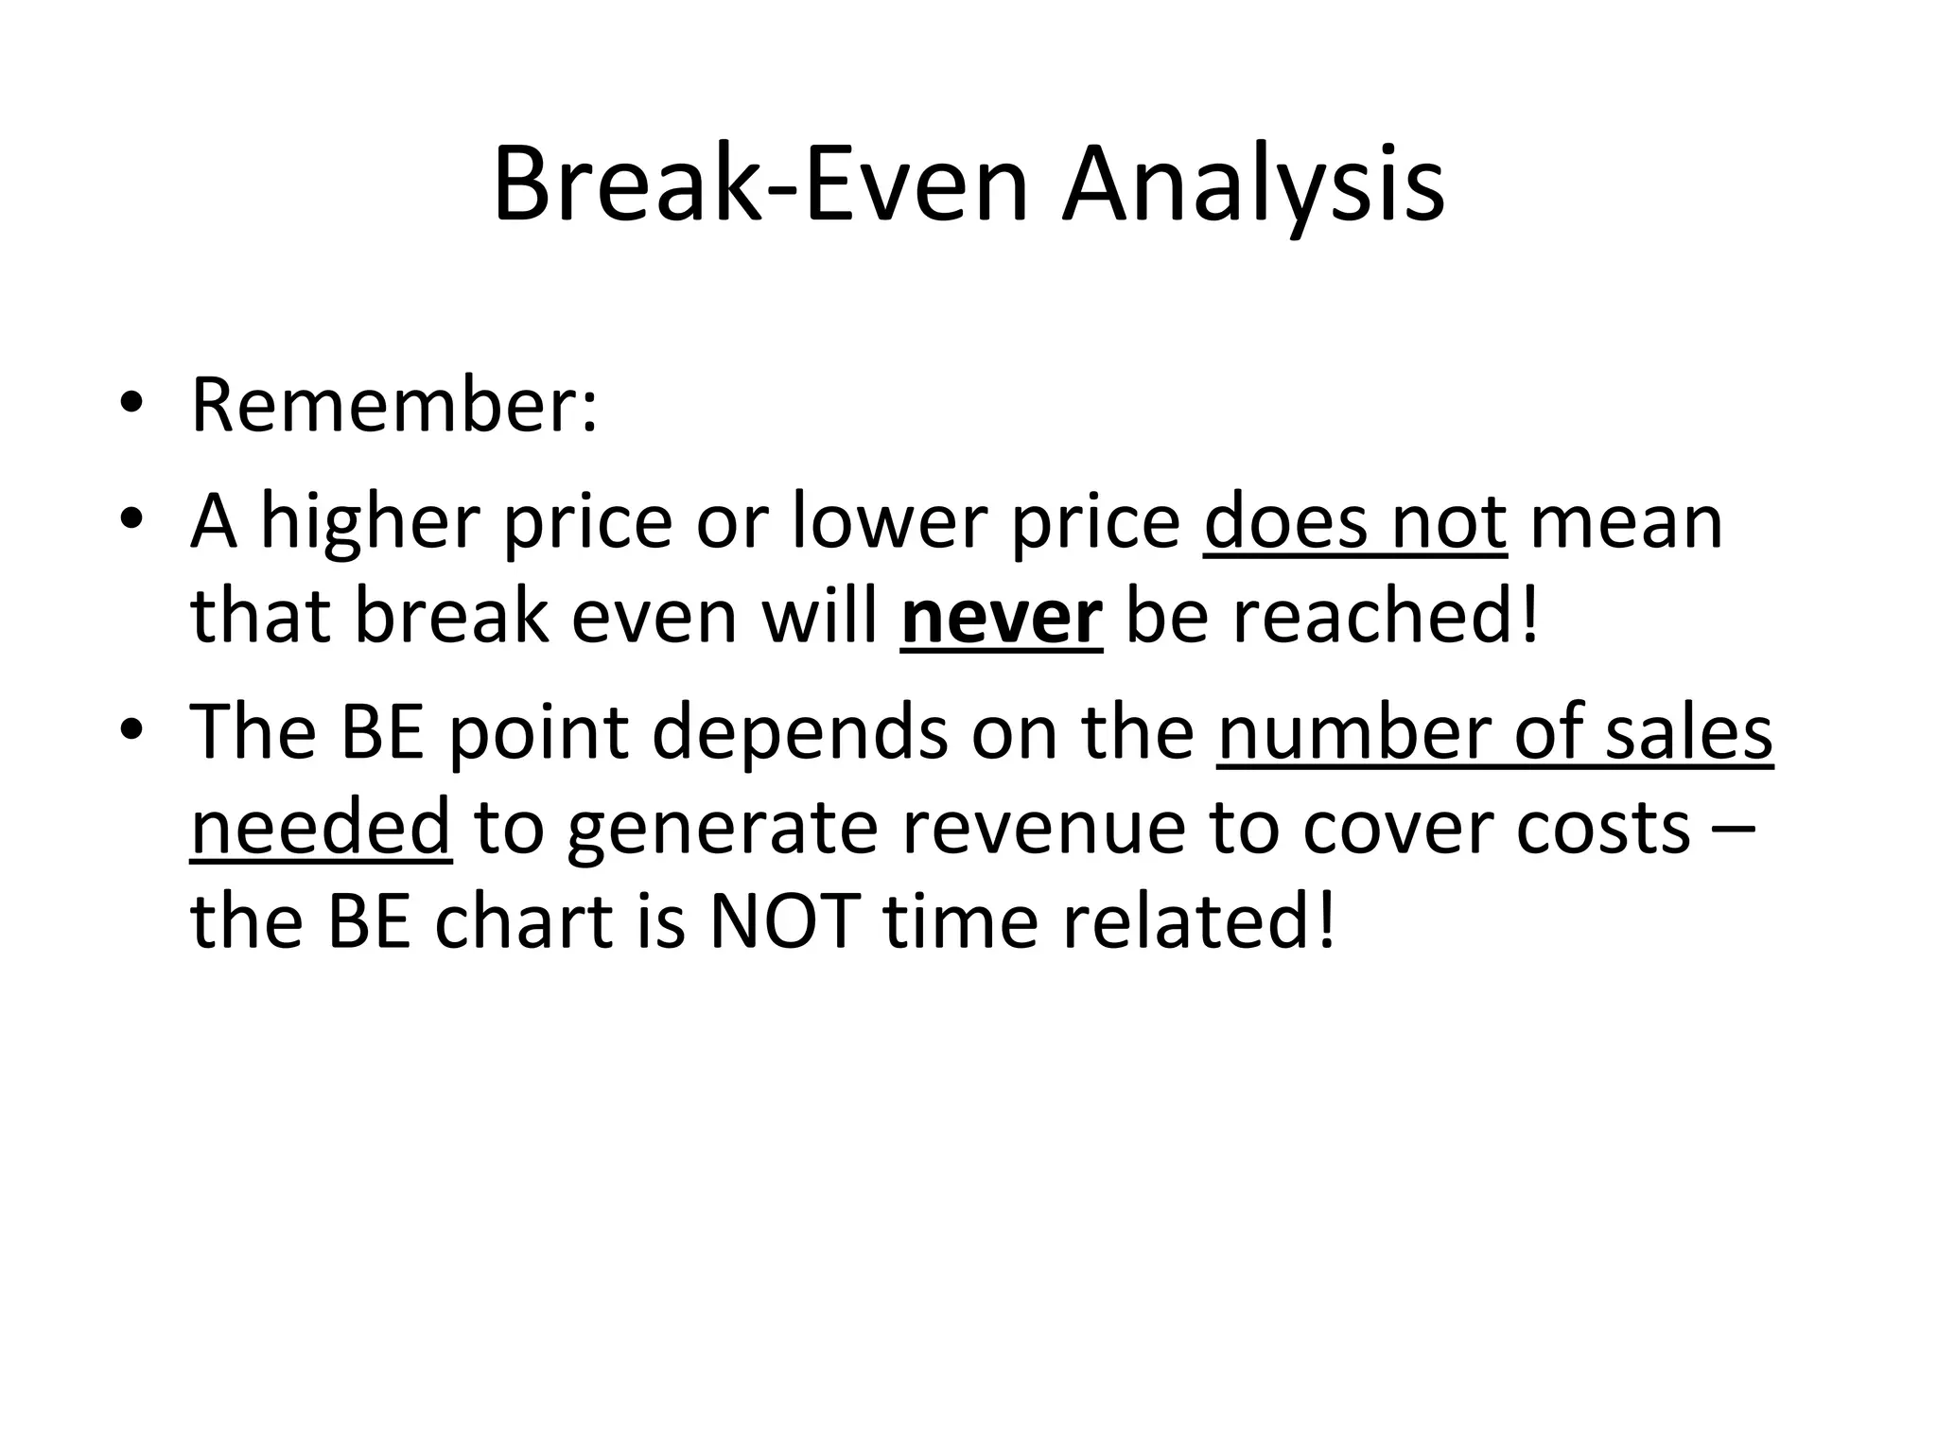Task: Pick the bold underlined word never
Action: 1002,617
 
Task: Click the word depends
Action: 799,732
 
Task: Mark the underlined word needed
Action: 321,827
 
